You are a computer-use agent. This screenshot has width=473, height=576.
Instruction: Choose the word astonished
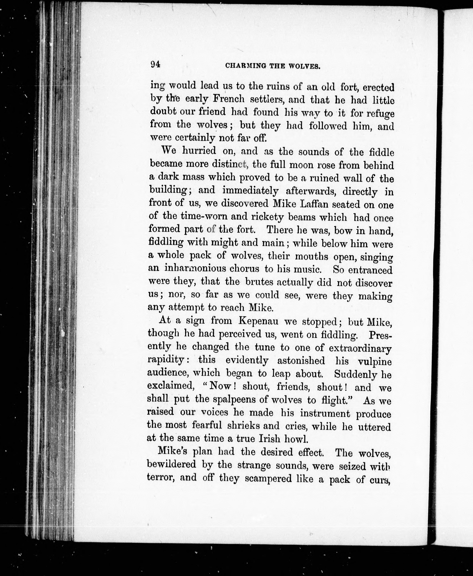pyautogui.click(x=301, y=361)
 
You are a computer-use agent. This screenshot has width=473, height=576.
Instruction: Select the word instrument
pyautogui.click(x=325, y=413)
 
